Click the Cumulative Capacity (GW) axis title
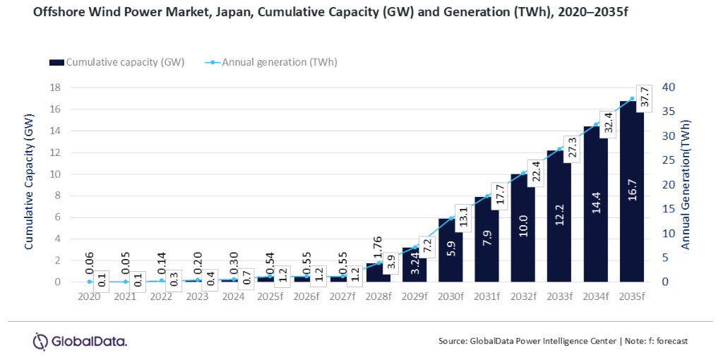pos(29,184)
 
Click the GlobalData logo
pos(80,342)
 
